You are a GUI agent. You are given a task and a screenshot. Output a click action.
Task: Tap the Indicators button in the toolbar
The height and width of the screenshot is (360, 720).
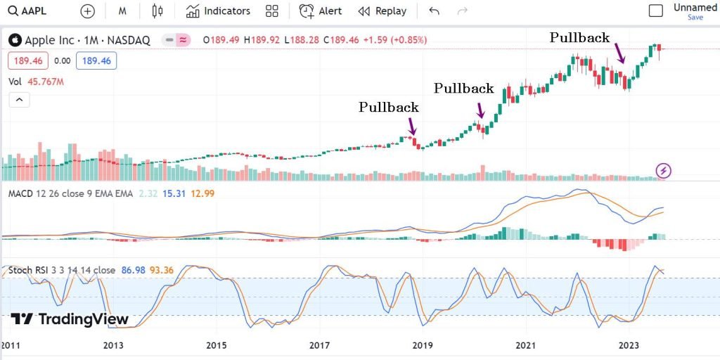pyautogui.click(x=218, y=11)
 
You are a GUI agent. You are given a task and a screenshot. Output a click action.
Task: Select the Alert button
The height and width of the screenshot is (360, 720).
pyautogui.click(x=321, y=11)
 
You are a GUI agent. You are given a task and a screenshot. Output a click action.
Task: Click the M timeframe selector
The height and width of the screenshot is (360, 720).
pyautogui.click(x=122, y=11)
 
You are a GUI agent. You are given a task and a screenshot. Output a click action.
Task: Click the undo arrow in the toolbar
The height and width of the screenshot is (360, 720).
pyautogui.click(x=434, y=11)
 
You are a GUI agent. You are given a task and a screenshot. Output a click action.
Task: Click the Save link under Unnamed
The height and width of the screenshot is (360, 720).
pyautogui.click(x=695, y=18)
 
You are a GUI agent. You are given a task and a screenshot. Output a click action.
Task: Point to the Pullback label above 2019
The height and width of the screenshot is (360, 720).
pyautogui.click(x=388, y=108)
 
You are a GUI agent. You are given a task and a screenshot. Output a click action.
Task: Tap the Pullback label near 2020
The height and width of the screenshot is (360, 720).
pyautogui.click(x=463, y=89)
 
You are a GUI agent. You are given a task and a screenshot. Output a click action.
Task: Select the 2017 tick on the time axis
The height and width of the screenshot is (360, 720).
pyautogui.click(x=319, y=345)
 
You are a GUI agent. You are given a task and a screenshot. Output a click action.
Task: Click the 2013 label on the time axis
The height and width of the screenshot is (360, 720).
pyautogui.click(x=113, y=345)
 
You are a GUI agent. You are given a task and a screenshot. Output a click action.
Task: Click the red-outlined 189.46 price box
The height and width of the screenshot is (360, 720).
pyautogui.click(x=27, y=61)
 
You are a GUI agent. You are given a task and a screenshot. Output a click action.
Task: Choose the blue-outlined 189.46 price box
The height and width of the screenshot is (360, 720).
pyautogui.click(x=97, y=61)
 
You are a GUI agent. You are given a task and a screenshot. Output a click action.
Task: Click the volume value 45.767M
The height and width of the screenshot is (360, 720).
pyautogui.click(x=46, y=82)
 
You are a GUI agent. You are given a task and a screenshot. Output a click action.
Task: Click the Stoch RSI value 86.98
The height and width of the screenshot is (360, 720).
pyautogui.click(x=133, y=270)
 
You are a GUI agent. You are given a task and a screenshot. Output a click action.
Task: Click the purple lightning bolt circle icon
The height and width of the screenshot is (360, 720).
pyautogui.click(x=664, y=170)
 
